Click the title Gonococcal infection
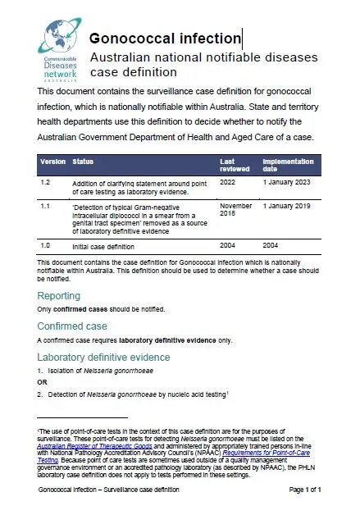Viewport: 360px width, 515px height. [165, 39]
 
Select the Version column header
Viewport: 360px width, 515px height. [53, 162]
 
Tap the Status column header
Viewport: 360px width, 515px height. [83, 162]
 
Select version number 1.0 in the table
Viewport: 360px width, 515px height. [46, 244]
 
